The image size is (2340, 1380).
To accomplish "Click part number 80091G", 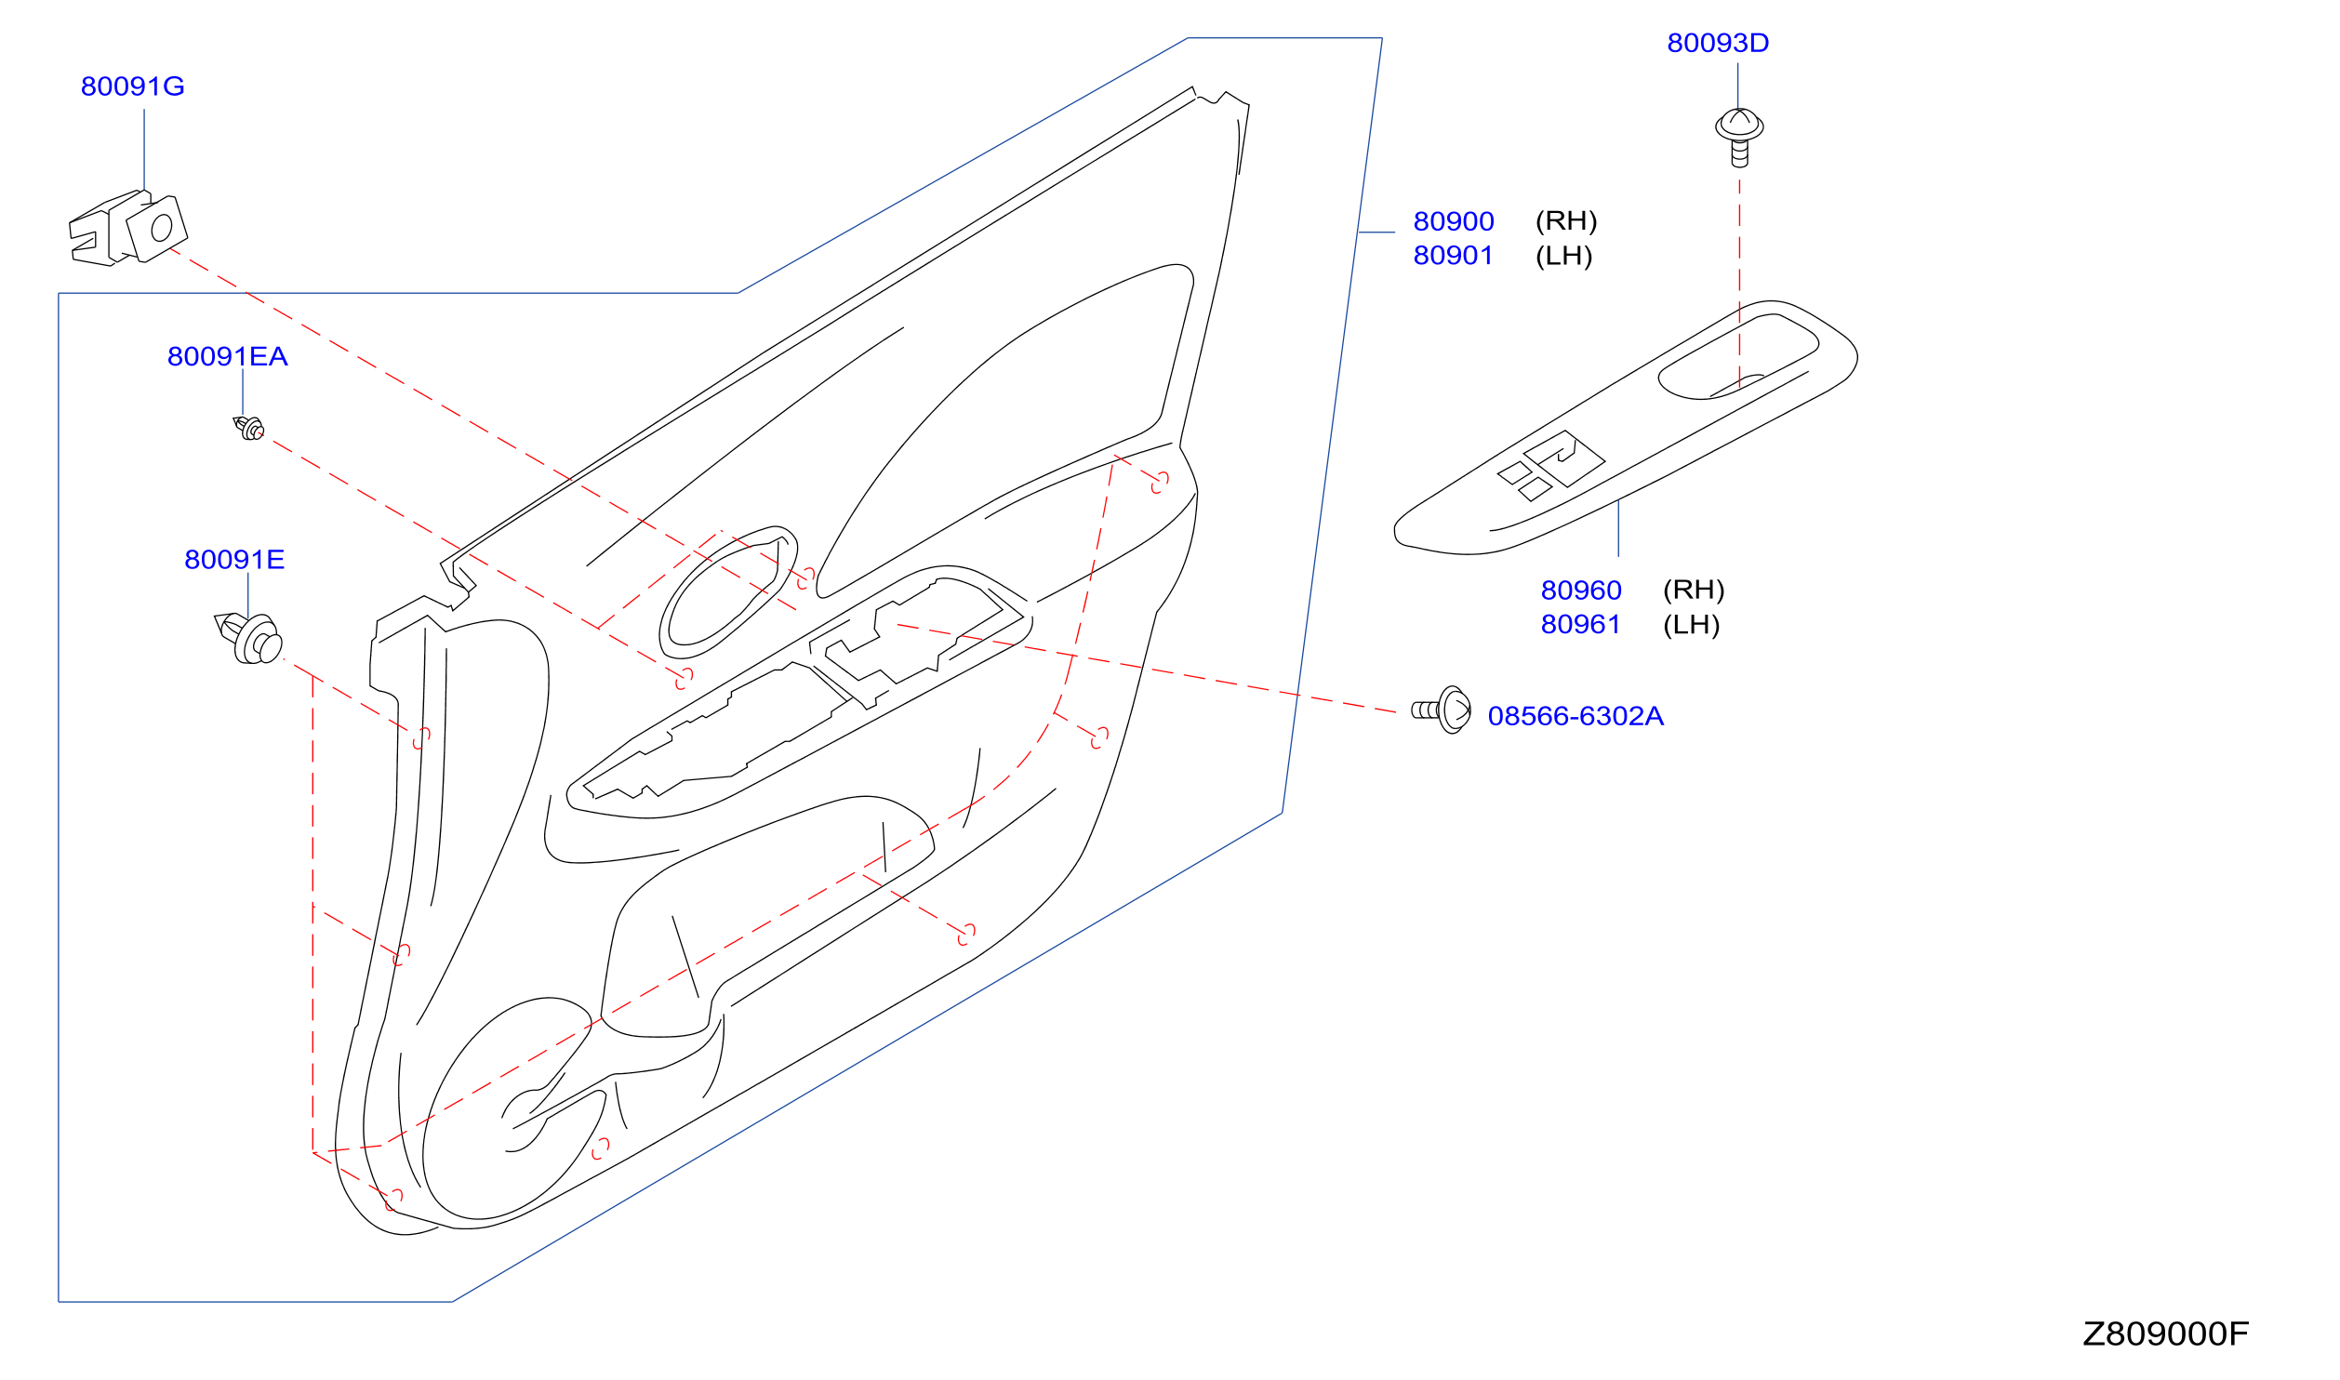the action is (132, 86).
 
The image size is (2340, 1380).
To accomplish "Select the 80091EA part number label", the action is (227, 357).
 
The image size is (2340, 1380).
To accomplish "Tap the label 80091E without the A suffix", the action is (234, 560).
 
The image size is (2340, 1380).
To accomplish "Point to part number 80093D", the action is (1718, 44).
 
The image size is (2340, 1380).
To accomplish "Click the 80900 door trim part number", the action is (1454, 222).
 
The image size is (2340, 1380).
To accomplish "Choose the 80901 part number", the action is (1453, 256).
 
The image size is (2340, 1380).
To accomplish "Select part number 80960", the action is (1581, 590).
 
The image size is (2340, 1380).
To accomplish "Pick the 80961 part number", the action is (1580, 625).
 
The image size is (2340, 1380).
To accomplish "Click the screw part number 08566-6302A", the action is (1576, 716).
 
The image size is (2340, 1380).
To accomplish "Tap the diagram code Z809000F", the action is (2165, 1334).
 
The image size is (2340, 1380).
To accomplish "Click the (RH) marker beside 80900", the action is (1566, 221).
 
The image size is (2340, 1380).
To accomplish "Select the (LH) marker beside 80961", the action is (1691, 625).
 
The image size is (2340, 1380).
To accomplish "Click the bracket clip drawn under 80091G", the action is (128, 229).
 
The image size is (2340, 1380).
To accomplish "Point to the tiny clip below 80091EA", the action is (248, 429).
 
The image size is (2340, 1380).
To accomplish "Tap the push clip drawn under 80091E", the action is (248, 639).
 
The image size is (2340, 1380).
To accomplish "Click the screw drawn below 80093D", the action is (1739, 138).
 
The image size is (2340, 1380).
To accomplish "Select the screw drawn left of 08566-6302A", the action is (1442, 710).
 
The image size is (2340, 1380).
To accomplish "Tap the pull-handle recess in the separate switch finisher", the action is (1737, 358).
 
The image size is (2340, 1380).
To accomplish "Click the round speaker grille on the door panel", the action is (507, 1109).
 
